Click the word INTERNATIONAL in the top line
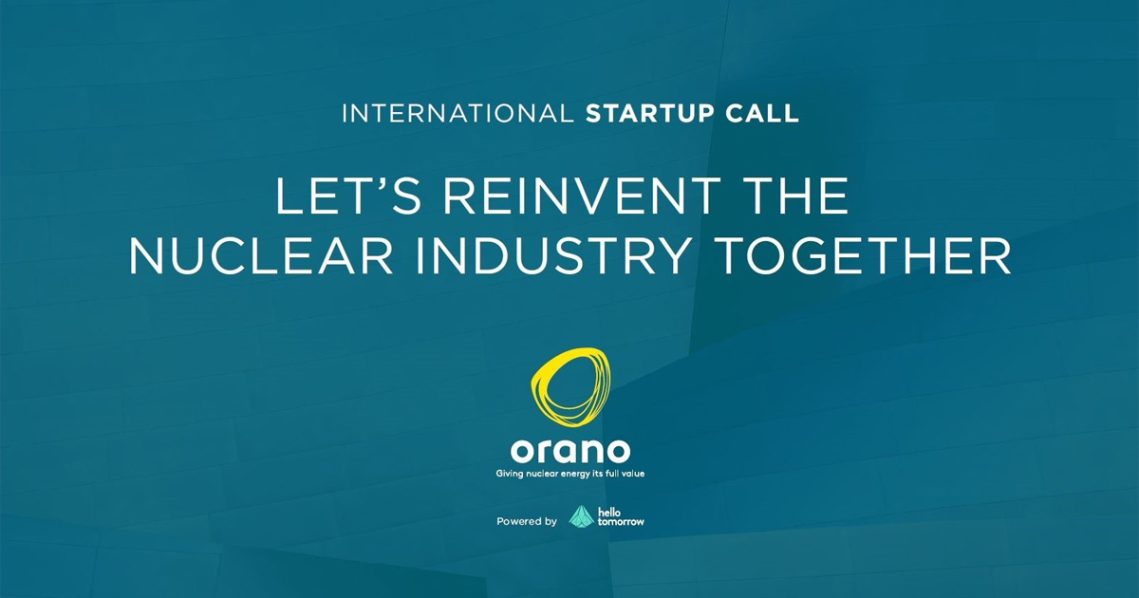tap(457, 113)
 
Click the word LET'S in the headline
tap(348, 196)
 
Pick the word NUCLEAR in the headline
tap(260, 256)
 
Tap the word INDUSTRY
tap(552, 256)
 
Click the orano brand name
tap(570, 451)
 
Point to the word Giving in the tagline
tap(510, 474)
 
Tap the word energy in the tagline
tap(576, 475)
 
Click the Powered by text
tap(527, 521)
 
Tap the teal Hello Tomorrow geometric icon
tap(581, 517)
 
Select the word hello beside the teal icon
tap(609, 512)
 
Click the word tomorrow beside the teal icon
tap(621, 521)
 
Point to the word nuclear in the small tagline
tap(542, 474)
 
